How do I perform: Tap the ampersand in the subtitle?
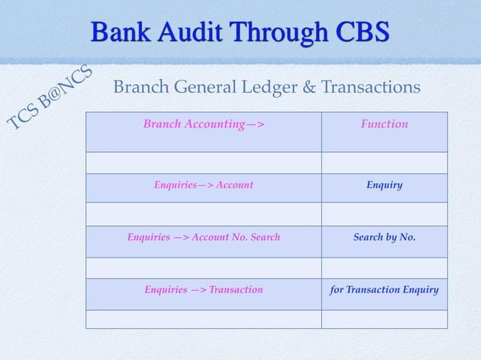tap(310, 88)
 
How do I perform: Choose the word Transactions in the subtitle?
tap(371, 88)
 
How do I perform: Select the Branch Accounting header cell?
tap(204, 124)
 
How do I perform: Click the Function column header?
tap(384, 124)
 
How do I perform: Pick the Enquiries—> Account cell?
tap(204, 185)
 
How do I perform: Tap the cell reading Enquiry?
tap(384, 185)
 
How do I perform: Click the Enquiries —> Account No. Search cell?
tap(204, 237)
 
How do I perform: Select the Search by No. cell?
tap(384, 237)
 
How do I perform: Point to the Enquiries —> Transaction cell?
tap(204, 289)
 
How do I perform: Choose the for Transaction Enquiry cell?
tap(384, 289)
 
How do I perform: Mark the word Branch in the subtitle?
tap(139, 88)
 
